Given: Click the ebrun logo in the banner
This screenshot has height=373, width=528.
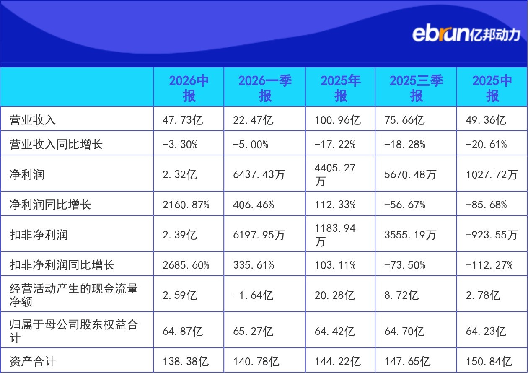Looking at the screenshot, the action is tap(466, 35).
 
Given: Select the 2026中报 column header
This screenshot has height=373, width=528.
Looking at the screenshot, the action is tap(189, 88).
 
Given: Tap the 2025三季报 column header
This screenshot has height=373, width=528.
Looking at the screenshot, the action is tap(416, 88).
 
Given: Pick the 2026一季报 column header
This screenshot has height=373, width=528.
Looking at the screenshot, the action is tap(265, 88).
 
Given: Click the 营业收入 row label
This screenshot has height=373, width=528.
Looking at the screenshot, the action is tap(33, 120).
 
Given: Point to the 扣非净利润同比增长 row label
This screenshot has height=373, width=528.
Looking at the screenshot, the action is tap(62, 265).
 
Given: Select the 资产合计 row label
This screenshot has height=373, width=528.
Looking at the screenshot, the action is tap(33, 361).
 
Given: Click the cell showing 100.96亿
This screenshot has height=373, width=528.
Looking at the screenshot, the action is tap(338, 120).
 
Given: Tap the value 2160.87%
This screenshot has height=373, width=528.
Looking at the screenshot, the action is tap(186, 205).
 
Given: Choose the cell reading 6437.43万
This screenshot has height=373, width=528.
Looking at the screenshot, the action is tap(259, 174).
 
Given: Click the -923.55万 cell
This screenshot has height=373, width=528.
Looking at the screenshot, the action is tap(492, 235).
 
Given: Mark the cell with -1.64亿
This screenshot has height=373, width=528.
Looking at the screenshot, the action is tap(253, 295).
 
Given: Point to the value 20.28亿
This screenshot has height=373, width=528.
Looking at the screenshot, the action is tap(335, 295).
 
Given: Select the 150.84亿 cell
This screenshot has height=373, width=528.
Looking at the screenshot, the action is tap(489, 361).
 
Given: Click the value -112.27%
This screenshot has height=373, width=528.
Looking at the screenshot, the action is tap(489, 265).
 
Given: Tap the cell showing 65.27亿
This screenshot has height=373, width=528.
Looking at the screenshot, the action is tap(253, 331).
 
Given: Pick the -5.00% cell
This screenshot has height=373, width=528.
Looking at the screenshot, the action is tap(251, 144).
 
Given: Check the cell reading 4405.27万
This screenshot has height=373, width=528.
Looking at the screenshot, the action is tap(335, 174).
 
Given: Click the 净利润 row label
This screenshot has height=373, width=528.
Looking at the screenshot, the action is tap(27, 174).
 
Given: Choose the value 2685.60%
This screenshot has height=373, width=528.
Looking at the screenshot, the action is tap(186, 265).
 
